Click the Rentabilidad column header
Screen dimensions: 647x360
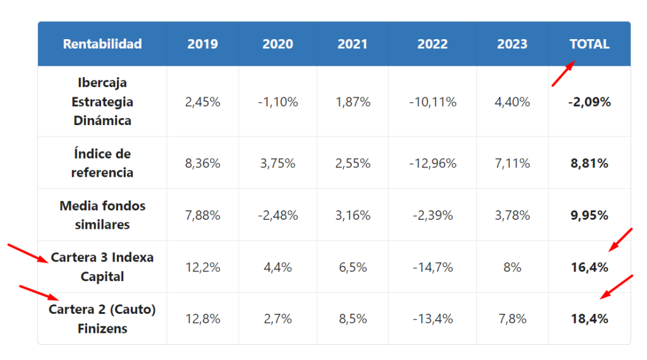(x=102, y=44)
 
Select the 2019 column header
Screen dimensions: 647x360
(x=203, y=44)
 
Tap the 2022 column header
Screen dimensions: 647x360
(x=432, y=44)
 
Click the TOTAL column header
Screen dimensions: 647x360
(x=590, y=44)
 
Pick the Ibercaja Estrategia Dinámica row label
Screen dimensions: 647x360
(x=102, y=102)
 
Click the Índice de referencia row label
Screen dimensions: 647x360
(x=102, y=163)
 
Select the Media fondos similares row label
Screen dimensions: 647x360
(x=102, y=215)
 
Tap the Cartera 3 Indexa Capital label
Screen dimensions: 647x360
(x=102, y=267)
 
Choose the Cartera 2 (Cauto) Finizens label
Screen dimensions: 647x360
(x=102, y=319)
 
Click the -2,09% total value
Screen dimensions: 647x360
(x=590, y=102)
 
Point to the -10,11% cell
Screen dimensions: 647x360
(x=432, y=102)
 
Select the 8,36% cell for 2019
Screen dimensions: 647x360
(x=203, y=164)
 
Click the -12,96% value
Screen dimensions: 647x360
(x=432, y=164)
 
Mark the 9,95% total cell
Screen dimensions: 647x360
(x=590, y=215)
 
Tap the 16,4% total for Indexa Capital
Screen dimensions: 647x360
(x=590, y=267)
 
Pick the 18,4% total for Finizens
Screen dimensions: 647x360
(x=590, y=319)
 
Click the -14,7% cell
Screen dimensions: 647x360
(x=432, y=267)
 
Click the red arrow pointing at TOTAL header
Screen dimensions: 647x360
(x=563, y=74)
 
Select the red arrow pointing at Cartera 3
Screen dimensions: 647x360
(x=28, y=253)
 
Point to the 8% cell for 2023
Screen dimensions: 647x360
(x=512, y=267)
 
